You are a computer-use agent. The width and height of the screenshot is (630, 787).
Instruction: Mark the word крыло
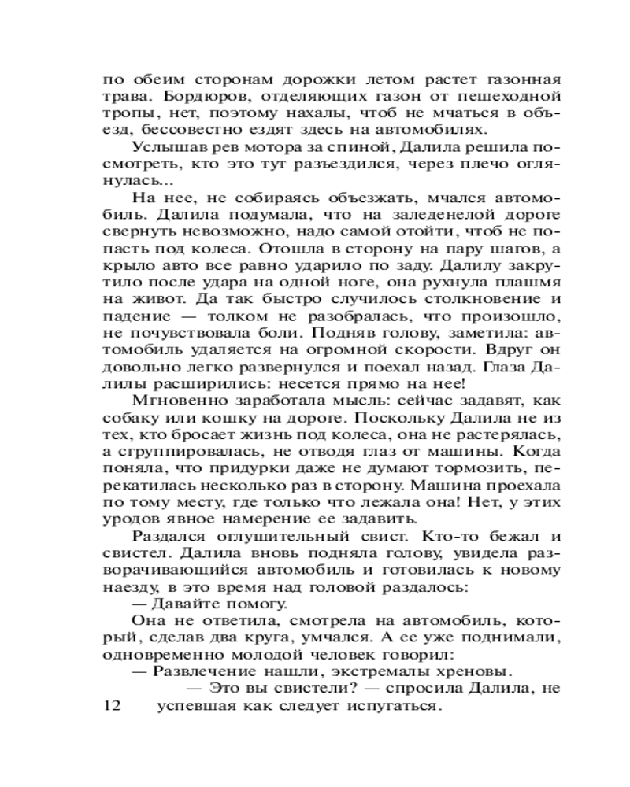121,268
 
